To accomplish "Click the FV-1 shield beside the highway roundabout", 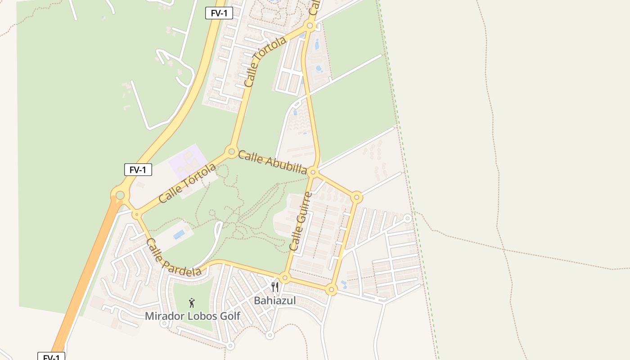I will (138, 170).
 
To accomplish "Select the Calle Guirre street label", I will (301, 221).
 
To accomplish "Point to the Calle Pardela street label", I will (173, 257).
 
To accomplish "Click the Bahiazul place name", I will (275, 301).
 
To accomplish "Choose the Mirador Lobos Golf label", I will (193, 316).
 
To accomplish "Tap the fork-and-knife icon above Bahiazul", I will (275, 287).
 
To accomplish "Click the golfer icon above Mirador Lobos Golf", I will (192, 303).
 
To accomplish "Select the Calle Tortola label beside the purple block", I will (187, 183).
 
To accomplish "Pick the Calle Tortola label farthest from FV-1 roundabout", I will (265, 62).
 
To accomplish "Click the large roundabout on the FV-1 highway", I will (120, 195).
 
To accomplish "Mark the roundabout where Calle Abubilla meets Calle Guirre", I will (314, 172).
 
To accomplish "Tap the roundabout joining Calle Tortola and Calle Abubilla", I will (232, 151).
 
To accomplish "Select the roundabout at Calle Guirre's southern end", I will (284, 278).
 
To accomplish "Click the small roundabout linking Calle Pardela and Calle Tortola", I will (136, 215).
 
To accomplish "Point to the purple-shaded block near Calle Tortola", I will (188, 161).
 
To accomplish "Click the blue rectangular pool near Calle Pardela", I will (179, 234).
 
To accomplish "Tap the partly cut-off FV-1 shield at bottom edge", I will (51, 357).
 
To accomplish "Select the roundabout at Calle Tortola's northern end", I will (310, 26).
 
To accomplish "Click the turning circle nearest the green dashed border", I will (407, 218).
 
